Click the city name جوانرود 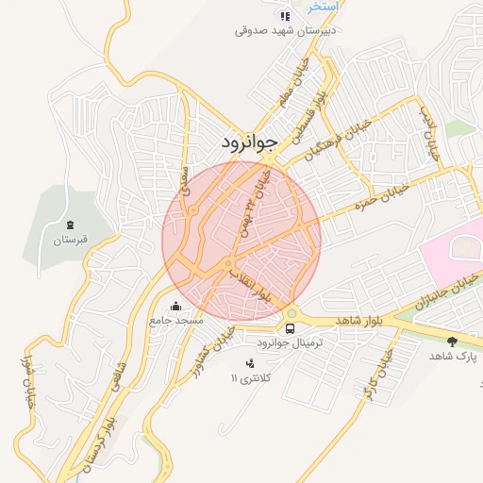point(250,143)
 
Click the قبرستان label point(70,241)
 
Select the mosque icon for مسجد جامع point(175,306)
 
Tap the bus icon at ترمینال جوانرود point(290,328)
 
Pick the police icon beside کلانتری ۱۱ point(250,363)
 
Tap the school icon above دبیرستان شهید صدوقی point(285,15)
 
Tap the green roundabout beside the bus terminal point(291,313)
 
